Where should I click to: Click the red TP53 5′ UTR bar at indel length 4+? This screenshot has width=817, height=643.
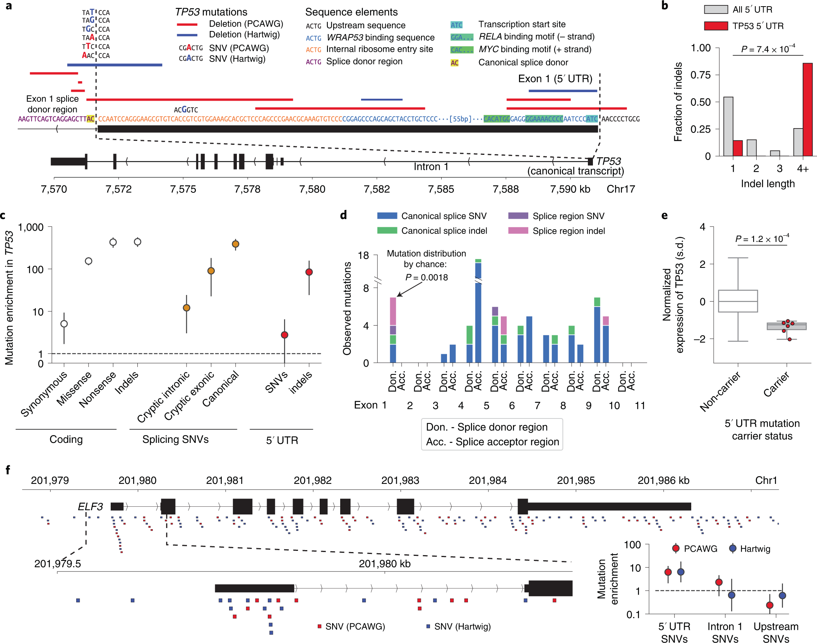click(x=807, y=110)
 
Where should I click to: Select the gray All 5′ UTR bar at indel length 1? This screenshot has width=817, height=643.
click(x=728, y=126)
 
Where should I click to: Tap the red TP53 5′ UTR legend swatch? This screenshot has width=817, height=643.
click(x=716, y=26)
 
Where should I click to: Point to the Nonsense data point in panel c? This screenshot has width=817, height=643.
click(x=113, y=242)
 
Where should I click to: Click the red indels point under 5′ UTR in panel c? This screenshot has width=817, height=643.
click(x=309, y=272)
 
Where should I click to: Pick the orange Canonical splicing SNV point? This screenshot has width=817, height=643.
click(x=235, y=244)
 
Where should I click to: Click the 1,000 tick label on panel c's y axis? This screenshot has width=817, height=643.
click(x=31, y=227)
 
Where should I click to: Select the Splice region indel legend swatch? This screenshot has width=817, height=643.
click(x=518, y=231)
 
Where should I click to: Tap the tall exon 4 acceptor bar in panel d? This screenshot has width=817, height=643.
click(x=478, y=310)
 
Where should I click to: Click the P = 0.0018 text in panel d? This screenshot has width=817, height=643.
click(x=426, y=278)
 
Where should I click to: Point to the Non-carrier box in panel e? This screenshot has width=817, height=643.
click(x=738, y=301)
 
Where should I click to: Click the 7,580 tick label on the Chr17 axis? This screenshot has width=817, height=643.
click(x=312, y=189)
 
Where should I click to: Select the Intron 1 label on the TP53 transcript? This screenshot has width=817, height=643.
click(x=431, y=167)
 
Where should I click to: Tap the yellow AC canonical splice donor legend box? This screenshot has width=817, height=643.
click(x=454, y=63)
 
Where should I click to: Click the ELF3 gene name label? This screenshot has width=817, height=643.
click(x=90, y=506)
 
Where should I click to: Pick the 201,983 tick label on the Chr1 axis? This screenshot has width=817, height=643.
click(x=400, y=480)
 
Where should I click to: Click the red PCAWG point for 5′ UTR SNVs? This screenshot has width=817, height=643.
click(x=668, y=572)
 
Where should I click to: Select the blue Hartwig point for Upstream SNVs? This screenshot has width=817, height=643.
click(x=782, y=595)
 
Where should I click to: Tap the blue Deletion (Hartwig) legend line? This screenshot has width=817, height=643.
click(x=187, y=35)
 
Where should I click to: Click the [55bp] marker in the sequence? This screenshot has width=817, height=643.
click(x=460, y=119)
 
